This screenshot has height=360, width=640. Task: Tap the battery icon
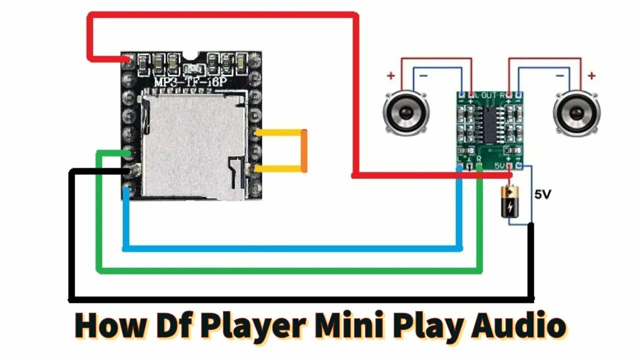click(510, 201)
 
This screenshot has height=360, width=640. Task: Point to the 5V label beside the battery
click(542, 195)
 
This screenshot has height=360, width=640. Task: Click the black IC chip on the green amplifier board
click(489, 122)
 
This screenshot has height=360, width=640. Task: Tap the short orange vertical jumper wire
click(304, 151)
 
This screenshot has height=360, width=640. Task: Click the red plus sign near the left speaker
click(390, 76)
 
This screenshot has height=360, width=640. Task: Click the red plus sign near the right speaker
click(591, 76)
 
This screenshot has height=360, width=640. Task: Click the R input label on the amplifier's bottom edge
click(479, 159)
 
